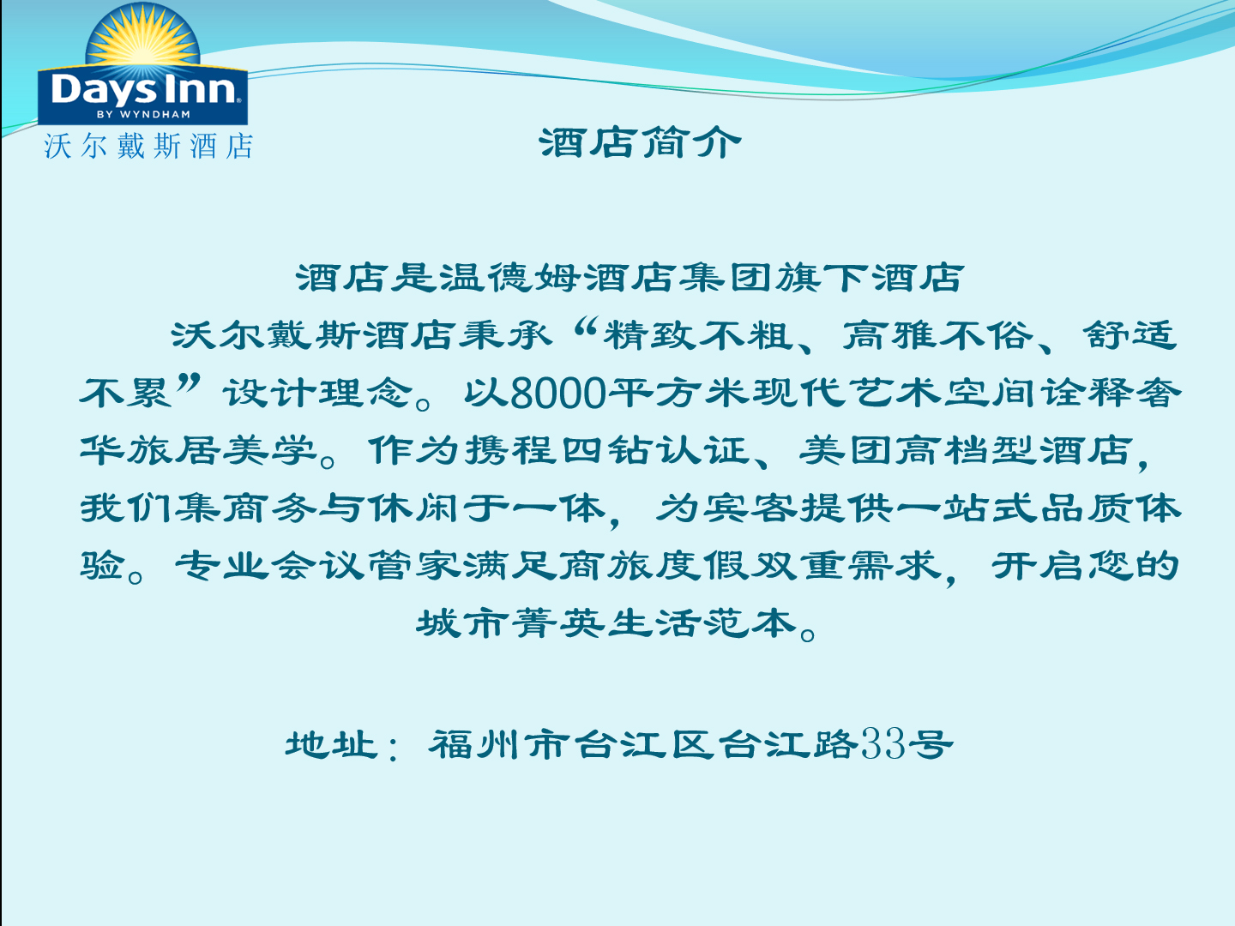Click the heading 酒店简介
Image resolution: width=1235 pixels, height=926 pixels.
tap(640, 143)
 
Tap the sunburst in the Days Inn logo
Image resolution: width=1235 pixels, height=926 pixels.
tap(143, 39)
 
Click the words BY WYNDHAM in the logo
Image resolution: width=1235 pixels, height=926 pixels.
tap(143, 114)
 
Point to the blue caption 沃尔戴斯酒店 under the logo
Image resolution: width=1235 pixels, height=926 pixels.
tap(148, 146)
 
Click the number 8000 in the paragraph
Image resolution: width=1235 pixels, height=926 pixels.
tap(557, 393)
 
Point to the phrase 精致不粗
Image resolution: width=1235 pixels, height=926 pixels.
tap(698, 335)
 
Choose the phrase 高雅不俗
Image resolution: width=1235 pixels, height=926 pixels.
tap(938, 335)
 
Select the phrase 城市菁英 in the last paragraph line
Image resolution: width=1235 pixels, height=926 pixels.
tap(511, 623)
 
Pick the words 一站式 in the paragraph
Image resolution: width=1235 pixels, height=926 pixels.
tap(967, 508)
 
